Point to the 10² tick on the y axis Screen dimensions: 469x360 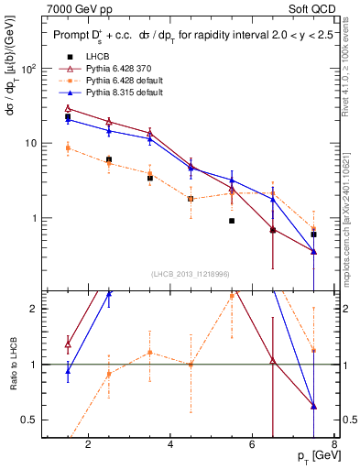(29, 69)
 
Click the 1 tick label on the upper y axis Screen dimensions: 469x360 (35, 219)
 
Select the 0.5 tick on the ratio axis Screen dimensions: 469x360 (30, 420)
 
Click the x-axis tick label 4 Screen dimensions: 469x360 (171, 446)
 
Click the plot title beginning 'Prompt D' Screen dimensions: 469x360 (188, 35)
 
